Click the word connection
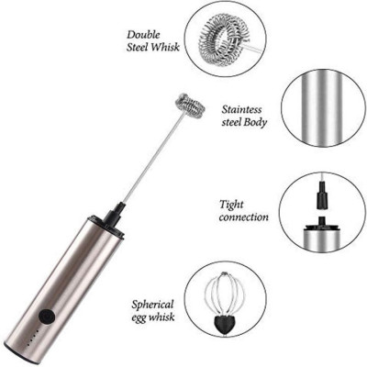point(244,217)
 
